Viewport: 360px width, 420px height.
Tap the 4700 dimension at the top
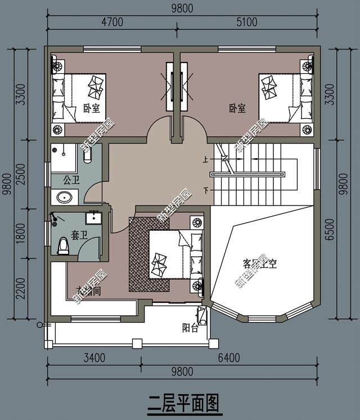pyautogui.click(x=111, y=23)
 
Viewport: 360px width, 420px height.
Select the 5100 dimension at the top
pyautogui.click(x=245, y=23)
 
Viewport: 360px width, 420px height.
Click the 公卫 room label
pyautogui.click(x=71, y=181)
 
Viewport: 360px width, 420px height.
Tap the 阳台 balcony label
pyautogui.click(x=190, y=328)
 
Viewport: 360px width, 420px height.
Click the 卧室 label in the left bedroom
pyautogui.click(x=91, y=108)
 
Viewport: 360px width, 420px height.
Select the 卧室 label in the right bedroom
pyautogui.click(x=237, y=108)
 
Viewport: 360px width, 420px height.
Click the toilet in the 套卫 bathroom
pyautogui.click(x=63, y=245)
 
